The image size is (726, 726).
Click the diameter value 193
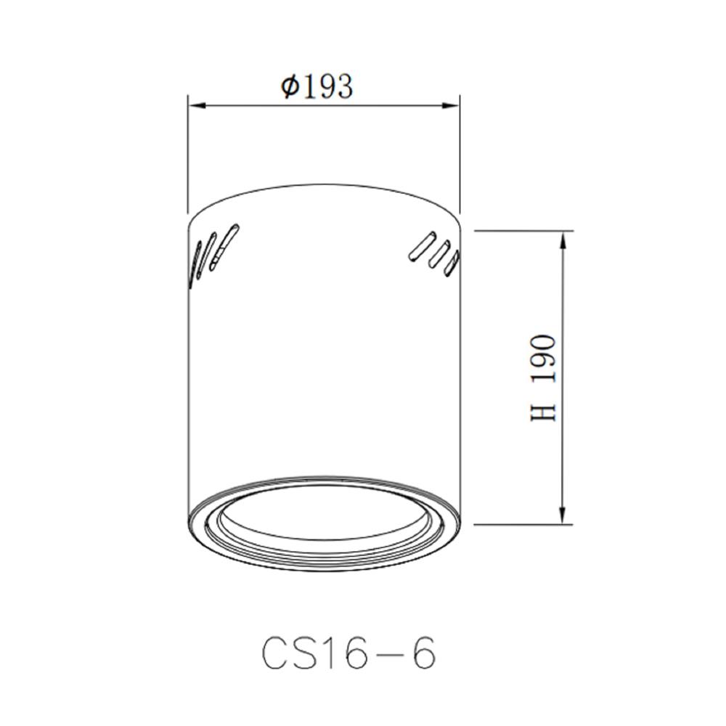coord(327,86)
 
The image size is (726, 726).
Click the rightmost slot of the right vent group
coord(451,263)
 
